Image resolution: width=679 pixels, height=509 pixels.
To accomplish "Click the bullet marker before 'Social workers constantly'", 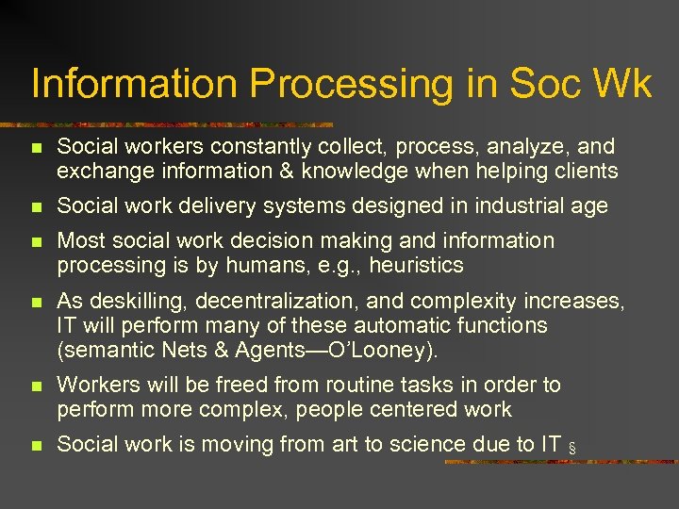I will click(x=35, y=148).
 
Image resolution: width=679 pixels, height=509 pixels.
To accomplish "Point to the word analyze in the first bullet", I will click(x=533, y=147).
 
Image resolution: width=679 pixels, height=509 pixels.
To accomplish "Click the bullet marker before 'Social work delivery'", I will click(x=35, y=207).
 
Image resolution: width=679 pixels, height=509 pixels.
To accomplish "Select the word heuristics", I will click(x=417, y=266).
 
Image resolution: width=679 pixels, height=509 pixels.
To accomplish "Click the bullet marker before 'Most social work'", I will click(x=35, y=242).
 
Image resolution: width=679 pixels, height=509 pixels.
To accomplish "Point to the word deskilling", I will click(x=134, y=302).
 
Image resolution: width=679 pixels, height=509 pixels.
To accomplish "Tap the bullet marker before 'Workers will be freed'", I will click(x=35, y=386).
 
